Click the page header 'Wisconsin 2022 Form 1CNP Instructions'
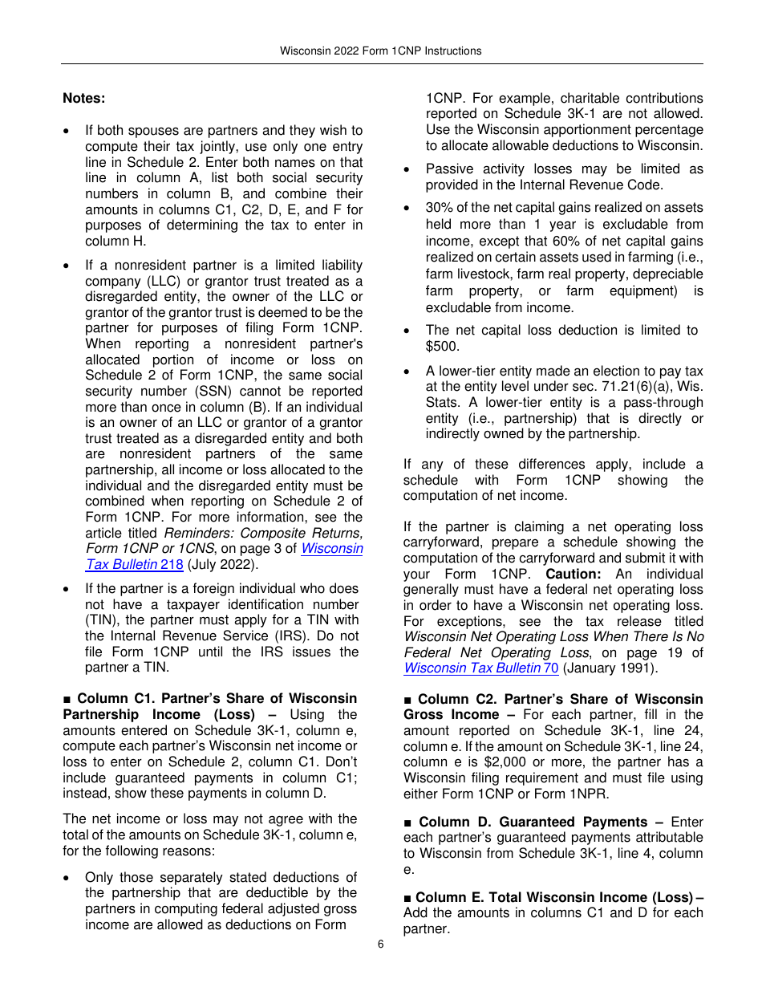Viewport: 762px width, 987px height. point(380,51)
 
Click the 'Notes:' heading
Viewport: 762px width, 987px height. point(84,98)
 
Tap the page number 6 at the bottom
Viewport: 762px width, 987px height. point(381,944)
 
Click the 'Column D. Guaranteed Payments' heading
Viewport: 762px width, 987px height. point(533,822)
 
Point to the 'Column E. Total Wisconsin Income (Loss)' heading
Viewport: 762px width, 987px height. point(553,897)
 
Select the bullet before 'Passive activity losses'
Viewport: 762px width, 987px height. point(408,169)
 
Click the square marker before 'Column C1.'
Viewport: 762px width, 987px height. point(67,699)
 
